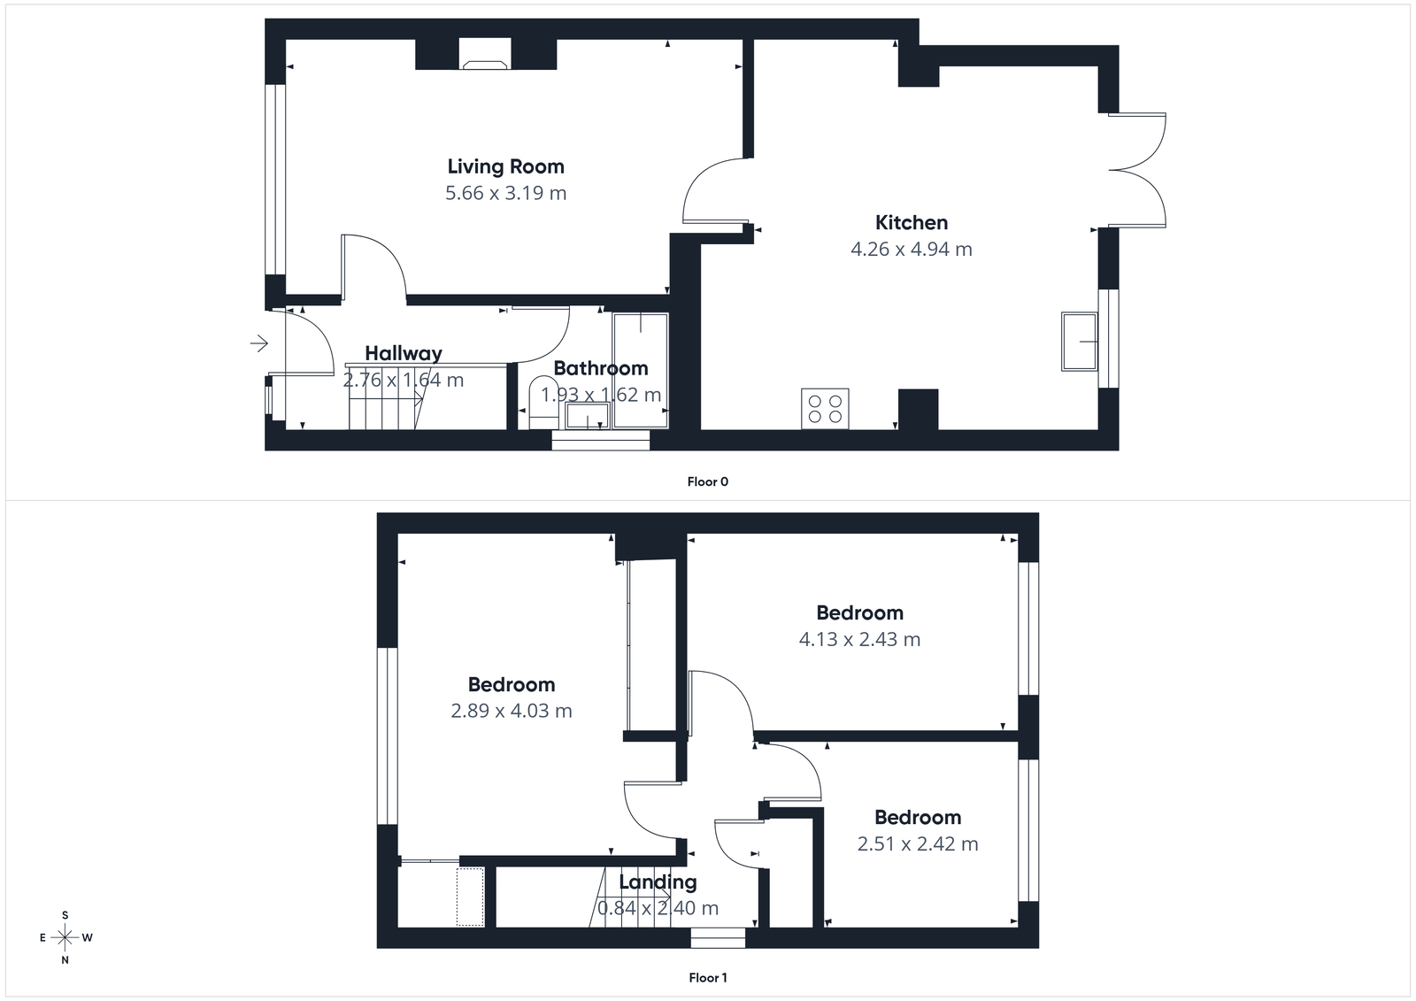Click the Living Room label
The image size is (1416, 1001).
point(505,166)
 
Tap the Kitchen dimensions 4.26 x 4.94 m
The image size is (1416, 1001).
point(911,250)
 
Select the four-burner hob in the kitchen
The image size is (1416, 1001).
point(825,409)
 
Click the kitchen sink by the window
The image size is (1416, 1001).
point(1079,341)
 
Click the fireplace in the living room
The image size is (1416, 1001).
point(485,63)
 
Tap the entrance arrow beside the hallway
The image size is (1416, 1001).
point(259,343)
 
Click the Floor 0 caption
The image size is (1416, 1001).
point(707,482)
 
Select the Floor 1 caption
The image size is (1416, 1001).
point(707,978)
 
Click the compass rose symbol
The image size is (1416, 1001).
point(65,937)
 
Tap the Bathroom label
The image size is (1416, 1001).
point(600,368)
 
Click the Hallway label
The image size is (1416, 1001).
point(403,353)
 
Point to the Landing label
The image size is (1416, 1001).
point(658,882)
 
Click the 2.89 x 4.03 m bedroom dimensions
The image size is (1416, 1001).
point(511,711)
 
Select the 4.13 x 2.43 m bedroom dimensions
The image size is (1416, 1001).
point(859,639)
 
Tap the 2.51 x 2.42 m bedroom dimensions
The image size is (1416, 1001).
point(917,844)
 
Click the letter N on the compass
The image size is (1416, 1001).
point(65,960)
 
